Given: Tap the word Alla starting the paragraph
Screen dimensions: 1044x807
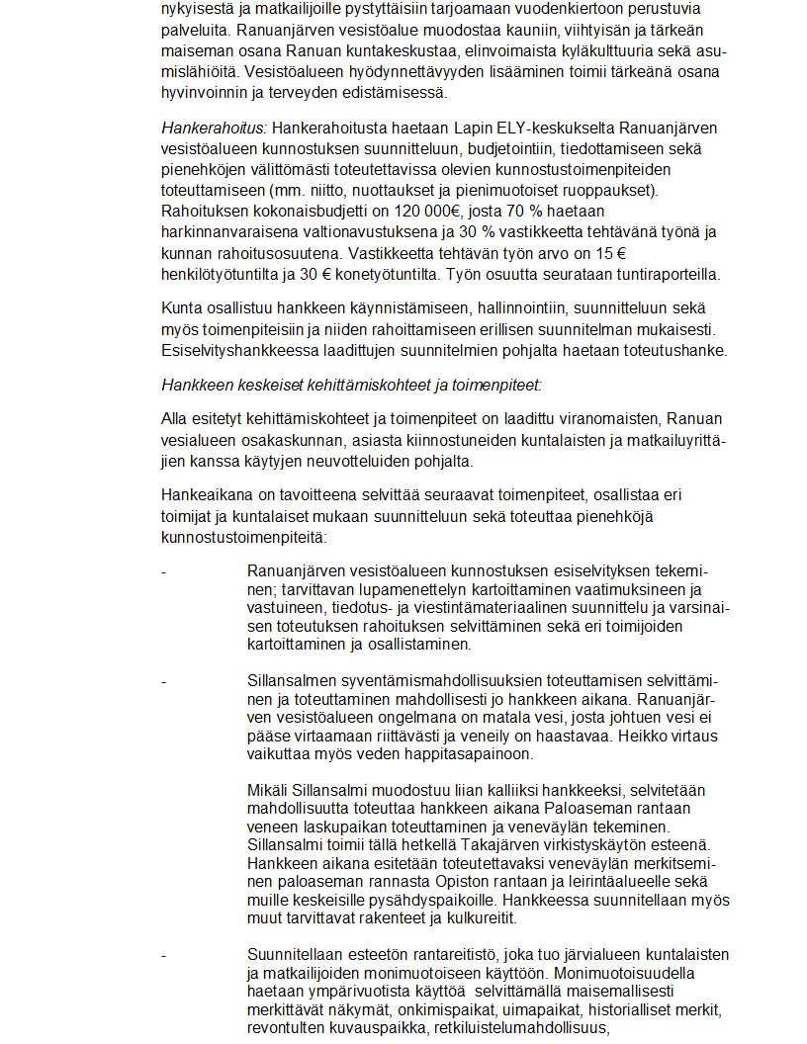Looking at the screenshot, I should point(174,417).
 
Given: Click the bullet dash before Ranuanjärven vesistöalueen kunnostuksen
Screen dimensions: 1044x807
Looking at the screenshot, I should point(164,570).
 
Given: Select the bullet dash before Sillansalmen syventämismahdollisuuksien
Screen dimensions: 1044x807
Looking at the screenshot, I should point(164,680).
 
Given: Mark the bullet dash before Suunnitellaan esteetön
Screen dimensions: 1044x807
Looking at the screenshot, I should point(164,954).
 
